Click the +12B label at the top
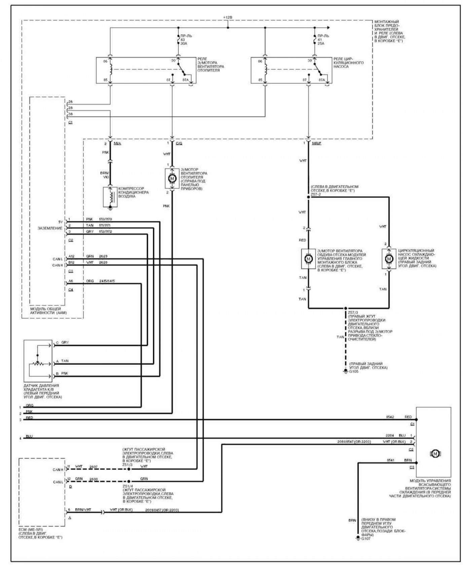228,17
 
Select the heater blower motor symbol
172,178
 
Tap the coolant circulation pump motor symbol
389,259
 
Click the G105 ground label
354,372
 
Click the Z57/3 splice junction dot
346,308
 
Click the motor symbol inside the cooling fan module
435,453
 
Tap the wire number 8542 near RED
390,417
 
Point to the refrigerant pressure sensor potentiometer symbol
37,363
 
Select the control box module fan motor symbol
308,259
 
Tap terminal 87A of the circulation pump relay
321,80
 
